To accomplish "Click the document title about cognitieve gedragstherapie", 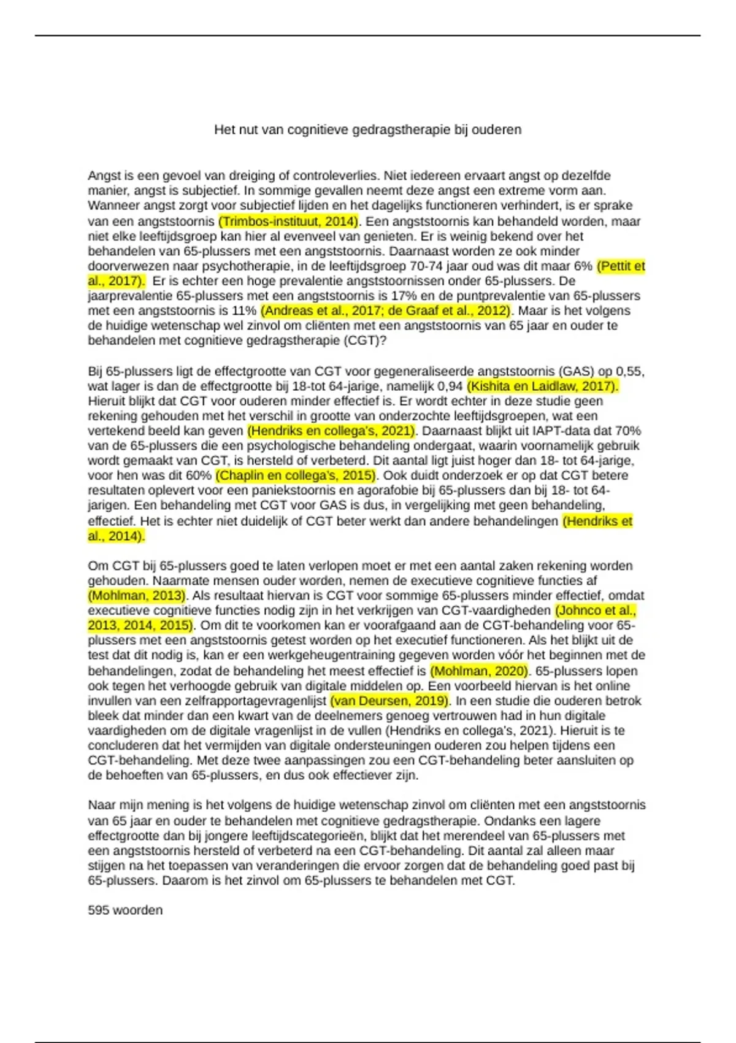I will pyautogui.click(x=367, y=130).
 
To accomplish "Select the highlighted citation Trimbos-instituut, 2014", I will pyautogui.click(x=288, y=221).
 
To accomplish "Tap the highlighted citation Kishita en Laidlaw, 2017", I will pyautogui.click(x=542, y=386).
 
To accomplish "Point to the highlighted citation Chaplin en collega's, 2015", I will pyautogui.click(x=296, y=475).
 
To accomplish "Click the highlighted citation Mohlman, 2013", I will pyautogui.click(x=137, y=595).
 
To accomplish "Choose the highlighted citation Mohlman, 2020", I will pyautogui.click(x=479, y=671).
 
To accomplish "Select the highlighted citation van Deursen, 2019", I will pyautogui.click(x=389, y=701).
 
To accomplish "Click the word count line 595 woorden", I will pyautogui.click(x=125, y=910).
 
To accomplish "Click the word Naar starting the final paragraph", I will pyautogui.click(x=101, y=805).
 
